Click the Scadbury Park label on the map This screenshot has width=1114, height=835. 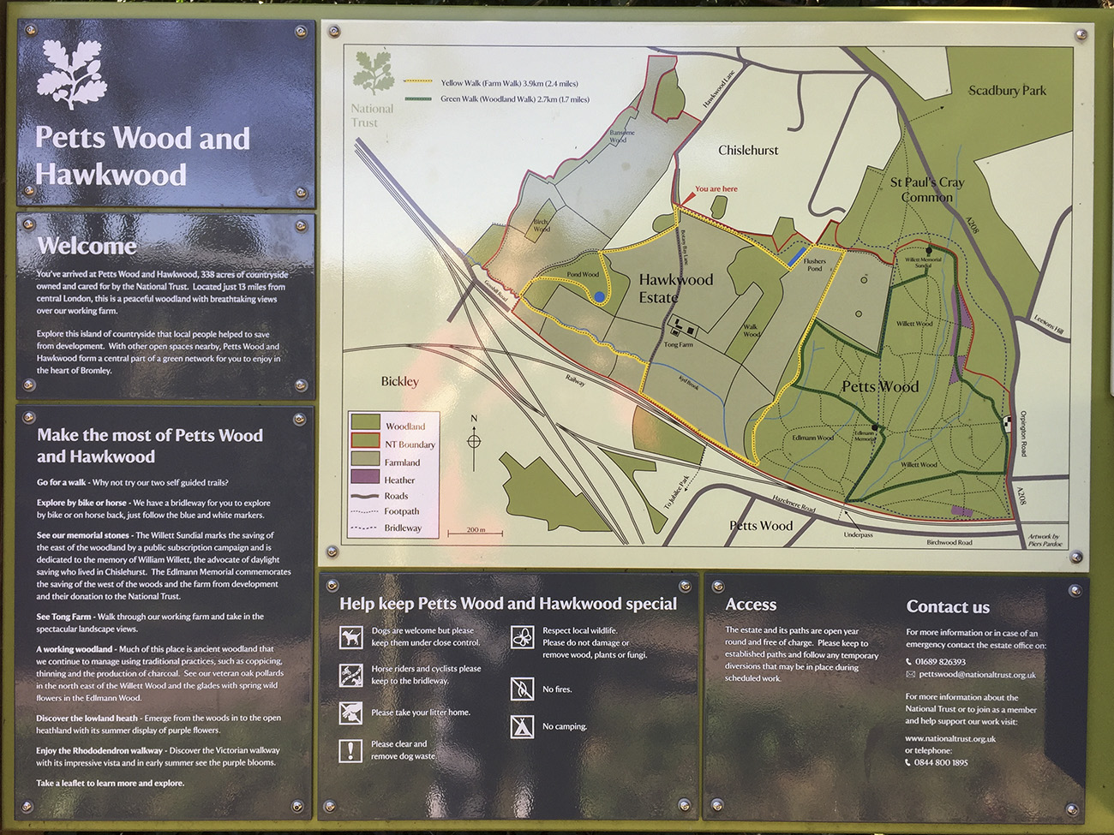[1007, 90]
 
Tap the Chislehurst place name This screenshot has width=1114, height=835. [748, 150]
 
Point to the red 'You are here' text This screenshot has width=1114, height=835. [716, 189]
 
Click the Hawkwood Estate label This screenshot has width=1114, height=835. [675, 288]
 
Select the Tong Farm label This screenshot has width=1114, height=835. [678, 344]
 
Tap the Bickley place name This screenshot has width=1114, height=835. [399, 381]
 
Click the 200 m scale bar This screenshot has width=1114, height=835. [475, 533]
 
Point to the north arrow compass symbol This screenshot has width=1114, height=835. [474, 440]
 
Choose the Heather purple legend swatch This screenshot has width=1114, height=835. [366, 477]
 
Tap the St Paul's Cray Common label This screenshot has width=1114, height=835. [926, 189]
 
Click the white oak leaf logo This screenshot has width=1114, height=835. [72, 73]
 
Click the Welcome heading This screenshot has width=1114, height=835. [87, 246]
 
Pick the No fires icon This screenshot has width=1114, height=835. [522, 689]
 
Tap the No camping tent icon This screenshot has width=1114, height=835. [522, 726]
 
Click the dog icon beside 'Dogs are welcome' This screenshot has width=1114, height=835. [350, 636]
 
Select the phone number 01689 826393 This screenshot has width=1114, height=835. [940, 662]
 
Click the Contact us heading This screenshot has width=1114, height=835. [948, 607]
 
